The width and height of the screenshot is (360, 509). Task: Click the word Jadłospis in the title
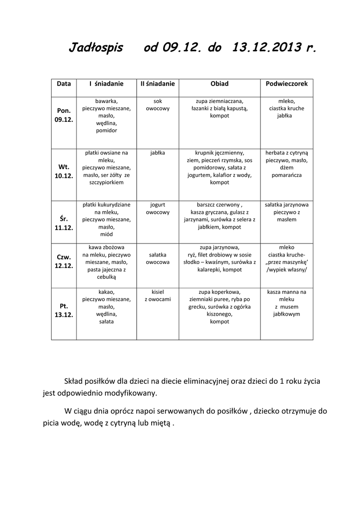tap(95, 48)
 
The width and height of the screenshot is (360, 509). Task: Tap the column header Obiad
tap(219, 84)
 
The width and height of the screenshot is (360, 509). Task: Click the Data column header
tap(64, 84)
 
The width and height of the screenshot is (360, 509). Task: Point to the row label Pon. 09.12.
tap(64, 115)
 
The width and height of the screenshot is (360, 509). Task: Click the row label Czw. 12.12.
tap(64, 261)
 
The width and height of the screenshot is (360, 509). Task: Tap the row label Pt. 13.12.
tap(64, 311)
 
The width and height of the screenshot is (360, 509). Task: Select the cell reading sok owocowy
tap(157, 104)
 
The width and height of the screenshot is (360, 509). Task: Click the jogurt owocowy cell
tap(157, 208)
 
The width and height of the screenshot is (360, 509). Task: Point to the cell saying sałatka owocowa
tap(157, 258)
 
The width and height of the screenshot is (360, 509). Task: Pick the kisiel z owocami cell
tap(157, 296)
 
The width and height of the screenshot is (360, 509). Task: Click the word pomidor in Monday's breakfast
tap(106, 130)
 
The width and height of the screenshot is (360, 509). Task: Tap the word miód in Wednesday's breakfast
tap(106, 234)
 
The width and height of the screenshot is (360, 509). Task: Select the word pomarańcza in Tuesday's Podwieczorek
tap(286, 175)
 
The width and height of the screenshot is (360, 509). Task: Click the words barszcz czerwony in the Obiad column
tap(219, 204)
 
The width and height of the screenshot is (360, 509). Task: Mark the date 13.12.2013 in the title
tap(268, 48)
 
